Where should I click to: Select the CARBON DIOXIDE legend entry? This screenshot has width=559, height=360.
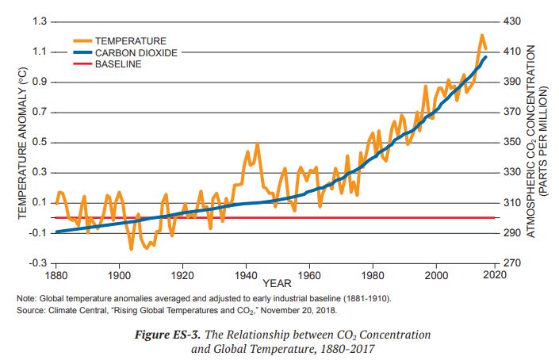point(136,52)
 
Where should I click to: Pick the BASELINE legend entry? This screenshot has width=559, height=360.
point(118,63)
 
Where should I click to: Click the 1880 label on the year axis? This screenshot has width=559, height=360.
point(56,275)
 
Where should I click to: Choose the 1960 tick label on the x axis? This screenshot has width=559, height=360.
point(310,275)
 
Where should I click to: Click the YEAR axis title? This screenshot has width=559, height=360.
point(278,283)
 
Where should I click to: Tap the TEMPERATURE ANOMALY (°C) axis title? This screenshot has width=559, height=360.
point(23,143)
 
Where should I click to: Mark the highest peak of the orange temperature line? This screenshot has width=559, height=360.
point(481,35)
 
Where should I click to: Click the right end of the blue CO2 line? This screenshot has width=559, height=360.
point(486,56)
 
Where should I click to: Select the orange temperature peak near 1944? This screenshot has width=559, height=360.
point(257,145)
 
